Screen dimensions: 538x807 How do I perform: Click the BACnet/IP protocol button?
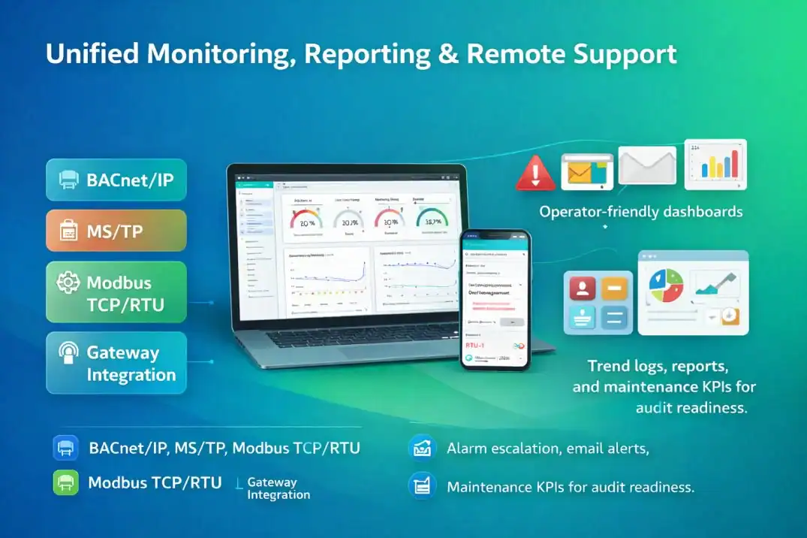(x=116, y=180)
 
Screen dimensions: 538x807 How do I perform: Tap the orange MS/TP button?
(x=116, y=231)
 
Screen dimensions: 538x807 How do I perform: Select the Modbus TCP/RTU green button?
(x=116, y=294)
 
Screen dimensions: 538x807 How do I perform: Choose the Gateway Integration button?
(x=116, y=363)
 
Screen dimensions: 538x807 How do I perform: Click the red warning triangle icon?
(x=535, y=173)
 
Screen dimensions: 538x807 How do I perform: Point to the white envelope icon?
(x=646, y=165)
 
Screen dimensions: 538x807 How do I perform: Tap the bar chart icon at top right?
(x=715, y=163)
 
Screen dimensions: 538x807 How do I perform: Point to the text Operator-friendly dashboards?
(x=640, y=211)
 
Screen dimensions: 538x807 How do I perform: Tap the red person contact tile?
(x=583, y=288)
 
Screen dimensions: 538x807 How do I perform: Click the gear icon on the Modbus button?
(x=68, y=283)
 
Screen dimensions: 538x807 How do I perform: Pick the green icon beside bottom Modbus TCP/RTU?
(x=66, y=482)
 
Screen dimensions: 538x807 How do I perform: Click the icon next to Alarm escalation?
(x=422, y=448)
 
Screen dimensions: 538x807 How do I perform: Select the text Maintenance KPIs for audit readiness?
(x=570, y=487)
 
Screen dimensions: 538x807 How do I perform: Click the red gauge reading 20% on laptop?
(x=306, y=219)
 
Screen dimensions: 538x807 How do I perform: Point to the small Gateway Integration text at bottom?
(x=278, y=488)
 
